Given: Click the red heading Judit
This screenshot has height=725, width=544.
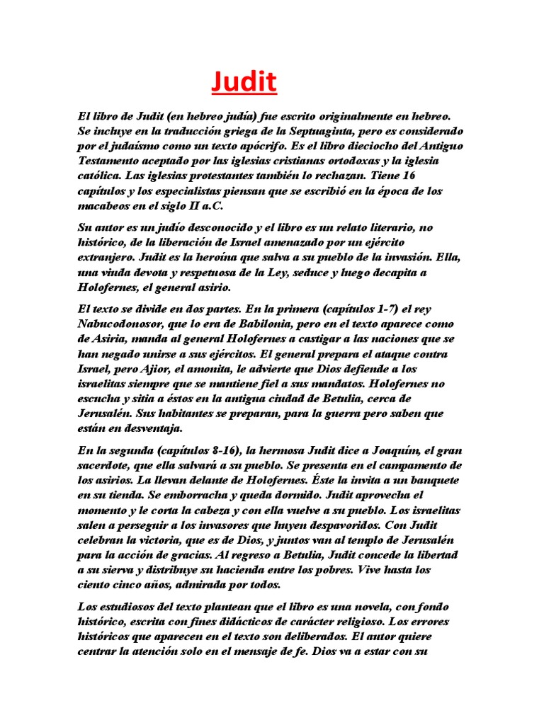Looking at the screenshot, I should tap(244, 83).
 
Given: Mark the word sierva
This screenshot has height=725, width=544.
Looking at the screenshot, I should tap(105, 569).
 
